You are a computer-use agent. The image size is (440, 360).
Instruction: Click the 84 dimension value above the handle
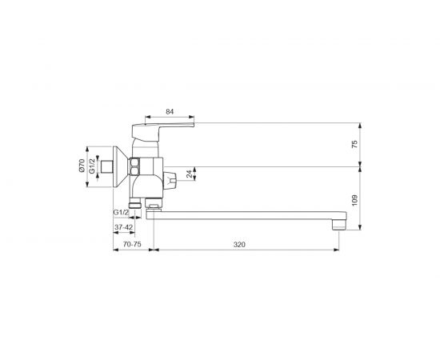pos(170,112)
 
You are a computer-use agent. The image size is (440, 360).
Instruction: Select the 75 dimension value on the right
pos(354,144)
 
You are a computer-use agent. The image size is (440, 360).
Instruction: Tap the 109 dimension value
pos(354,200)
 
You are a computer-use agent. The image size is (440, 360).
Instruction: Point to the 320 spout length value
pos(239,245)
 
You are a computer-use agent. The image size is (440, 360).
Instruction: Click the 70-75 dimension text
pos(132,244)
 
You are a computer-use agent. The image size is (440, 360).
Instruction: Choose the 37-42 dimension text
pos(123,227)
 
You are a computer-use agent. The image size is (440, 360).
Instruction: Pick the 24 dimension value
pos(190,174)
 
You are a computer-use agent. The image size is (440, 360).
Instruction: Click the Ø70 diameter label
pos(82,166)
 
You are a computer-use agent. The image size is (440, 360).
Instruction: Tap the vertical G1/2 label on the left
pos(92,166)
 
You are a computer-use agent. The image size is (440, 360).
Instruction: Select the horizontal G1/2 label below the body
pos(121,213)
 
